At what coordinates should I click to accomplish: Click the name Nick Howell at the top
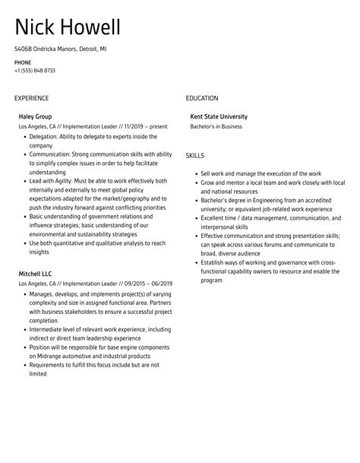[67, 28]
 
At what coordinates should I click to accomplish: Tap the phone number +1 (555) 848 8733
[34, 71]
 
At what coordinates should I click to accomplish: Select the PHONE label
[23, 62]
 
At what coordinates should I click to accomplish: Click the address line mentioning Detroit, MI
[61, 48]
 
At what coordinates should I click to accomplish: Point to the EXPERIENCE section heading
[31, 98]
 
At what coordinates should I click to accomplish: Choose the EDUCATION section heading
[202, 98]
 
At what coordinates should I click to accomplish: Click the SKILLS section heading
[195, 155]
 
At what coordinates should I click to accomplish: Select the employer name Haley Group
[36, 116]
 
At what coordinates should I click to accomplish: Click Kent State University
[219, 116]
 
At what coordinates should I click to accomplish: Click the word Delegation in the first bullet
[45, 137]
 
